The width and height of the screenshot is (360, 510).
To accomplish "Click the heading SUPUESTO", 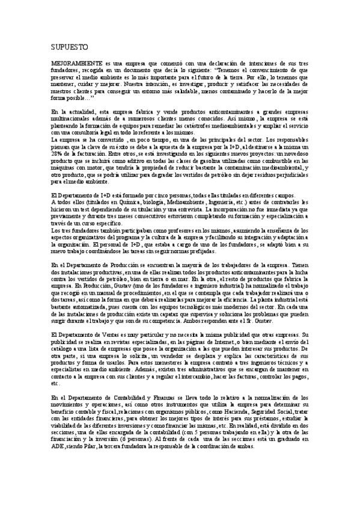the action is (x=69, y=46).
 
